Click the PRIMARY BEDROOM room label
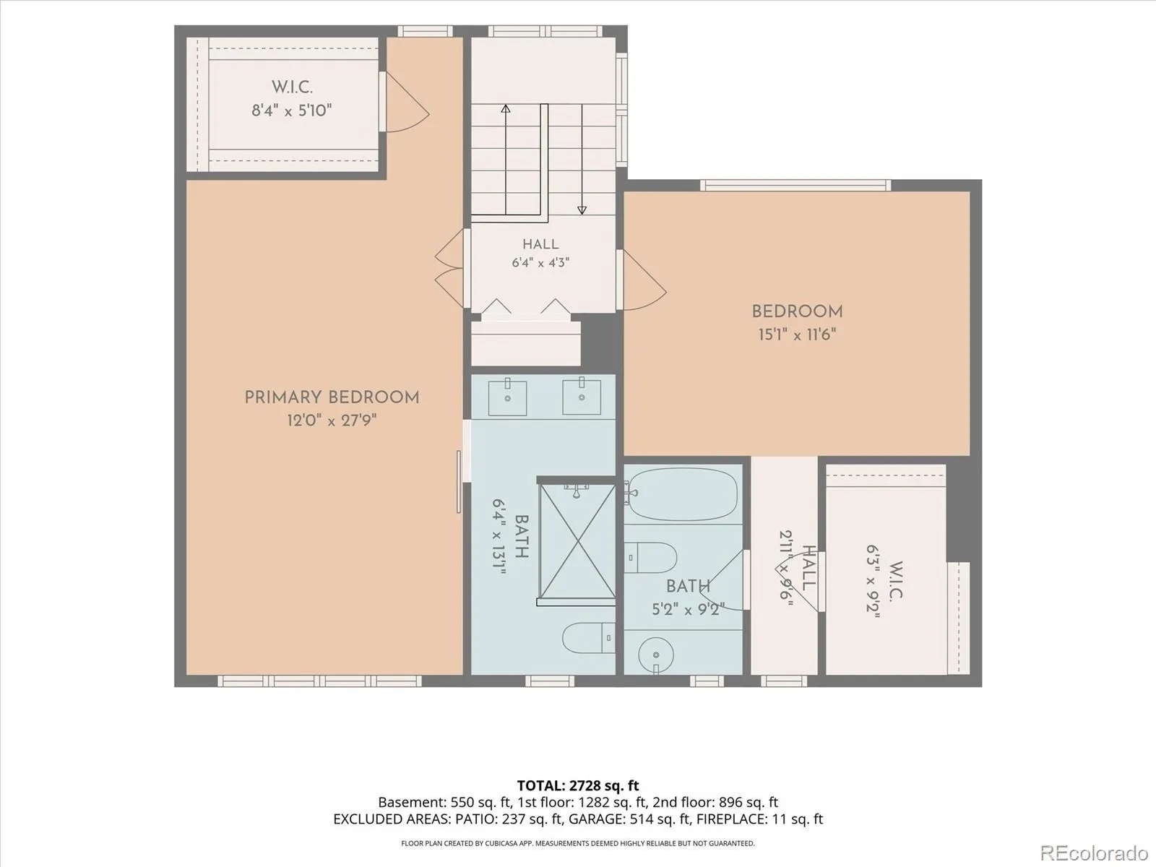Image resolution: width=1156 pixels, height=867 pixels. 332,397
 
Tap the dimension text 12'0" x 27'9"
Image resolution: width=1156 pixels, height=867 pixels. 332,420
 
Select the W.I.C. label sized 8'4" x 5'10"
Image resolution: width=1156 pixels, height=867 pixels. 292,87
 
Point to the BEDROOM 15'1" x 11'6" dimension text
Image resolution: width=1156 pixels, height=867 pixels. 797,335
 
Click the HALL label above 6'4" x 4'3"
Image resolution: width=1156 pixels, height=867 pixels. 540,244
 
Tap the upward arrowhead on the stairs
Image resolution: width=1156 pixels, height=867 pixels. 506,109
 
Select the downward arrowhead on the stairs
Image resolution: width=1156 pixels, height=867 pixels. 582,210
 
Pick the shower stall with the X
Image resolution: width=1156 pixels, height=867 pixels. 578,542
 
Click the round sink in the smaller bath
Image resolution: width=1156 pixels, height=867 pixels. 656,655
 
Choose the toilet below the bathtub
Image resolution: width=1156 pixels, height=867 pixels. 650,558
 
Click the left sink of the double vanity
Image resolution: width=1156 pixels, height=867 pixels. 507,397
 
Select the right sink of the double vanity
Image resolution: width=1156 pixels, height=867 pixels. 582,397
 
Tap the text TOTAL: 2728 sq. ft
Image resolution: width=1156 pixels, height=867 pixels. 578,785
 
